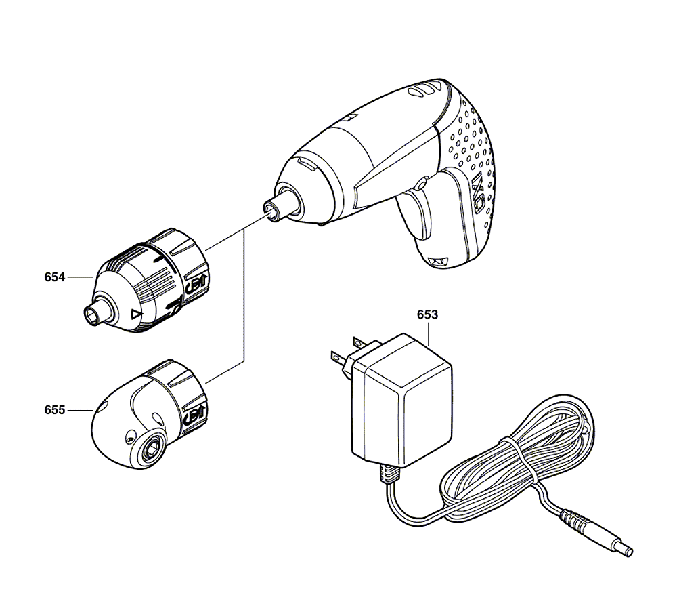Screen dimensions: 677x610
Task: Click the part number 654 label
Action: coord(54,277)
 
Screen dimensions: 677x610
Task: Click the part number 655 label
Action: coord(54,409)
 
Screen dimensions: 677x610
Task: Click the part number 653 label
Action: coord(427,314)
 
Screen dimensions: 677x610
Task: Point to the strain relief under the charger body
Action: coord(389,472)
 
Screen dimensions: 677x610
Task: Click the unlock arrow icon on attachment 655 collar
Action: coord(195,416)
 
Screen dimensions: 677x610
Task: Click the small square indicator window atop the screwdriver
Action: coord(351,117)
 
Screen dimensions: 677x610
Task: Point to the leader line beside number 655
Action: coord(80,409)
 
